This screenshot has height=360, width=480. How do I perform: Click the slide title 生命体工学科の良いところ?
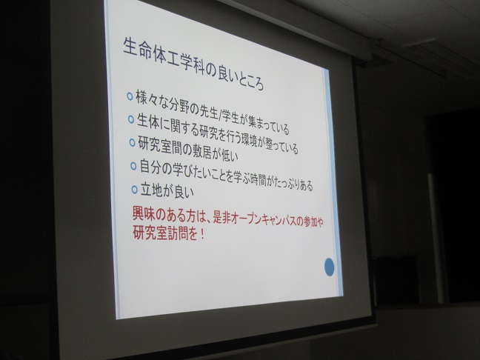193,64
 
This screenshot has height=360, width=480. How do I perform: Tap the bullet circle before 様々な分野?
130,96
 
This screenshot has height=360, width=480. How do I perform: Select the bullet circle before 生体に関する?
131,119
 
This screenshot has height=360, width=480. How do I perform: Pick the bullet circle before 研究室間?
132,142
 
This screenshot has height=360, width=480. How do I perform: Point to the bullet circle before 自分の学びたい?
133,166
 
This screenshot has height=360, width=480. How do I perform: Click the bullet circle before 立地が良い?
134,189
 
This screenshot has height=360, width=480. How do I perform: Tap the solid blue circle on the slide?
329,267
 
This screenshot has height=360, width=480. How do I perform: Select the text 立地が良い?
167,190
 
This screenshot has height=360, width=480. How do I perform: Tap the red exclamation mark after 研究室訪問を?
201,235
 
